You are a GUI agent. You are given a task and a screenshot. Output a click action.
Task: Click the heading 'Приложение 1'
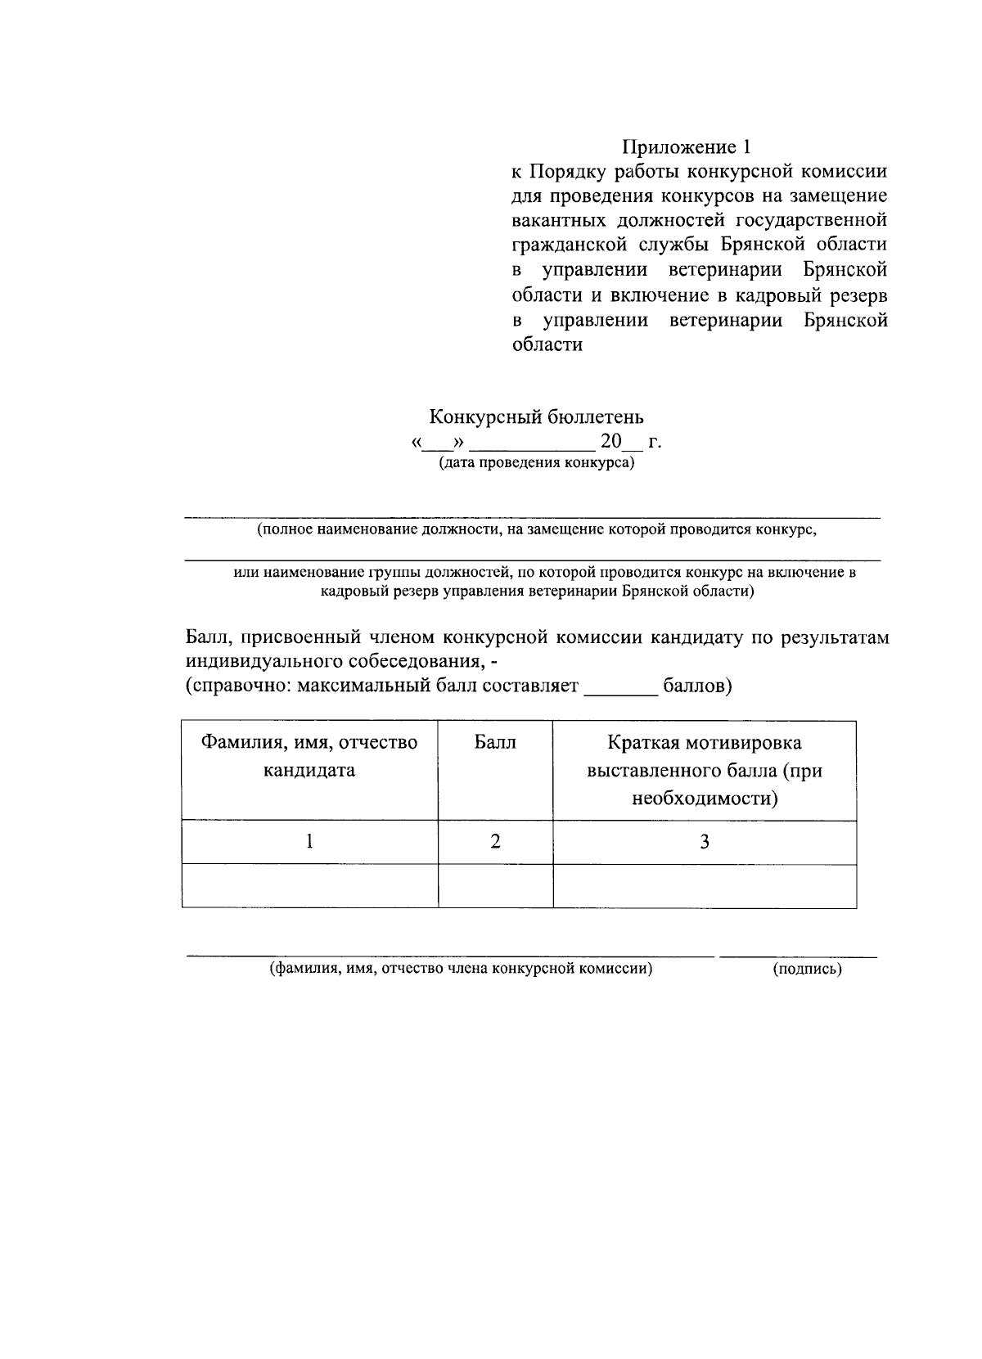coord(686,147)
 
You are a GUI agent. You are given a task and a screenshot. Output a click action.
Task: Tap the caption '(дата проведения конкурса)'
coord(537,463)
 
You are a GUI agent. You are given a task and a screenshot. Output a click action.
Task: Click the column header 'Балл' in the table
coord(495,743)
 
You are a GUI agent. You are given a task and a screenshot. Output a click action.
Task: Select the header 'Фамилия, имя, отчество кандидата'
coord(309,756)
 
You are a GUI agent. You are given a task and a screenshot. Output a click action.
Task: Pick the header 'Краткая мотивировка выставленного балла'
coord(704,770)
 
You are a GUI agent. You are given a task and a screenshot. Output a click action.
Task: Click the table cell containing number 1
coord(309,841)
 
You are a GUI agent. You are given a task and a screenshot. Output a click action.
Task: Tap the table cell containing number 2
coord(495,841)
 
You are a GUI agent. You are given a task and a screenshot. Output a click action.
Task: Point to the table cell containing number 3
coord(704,841)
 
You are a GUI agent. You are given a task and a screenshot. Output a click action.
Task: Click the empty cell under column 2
coord(495,885)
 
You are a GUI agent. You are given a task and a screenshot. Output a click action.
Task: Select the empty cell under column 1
coord(309,885)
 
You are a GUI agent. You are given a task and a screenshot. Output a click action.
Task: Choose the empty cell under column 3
coord(704,885)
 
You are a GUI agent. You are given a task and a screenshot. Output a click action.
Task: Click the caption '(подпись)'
coord(807,970)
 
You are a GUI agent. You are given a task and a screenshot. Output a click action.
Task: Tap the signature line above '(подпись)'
coord(798,955)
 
